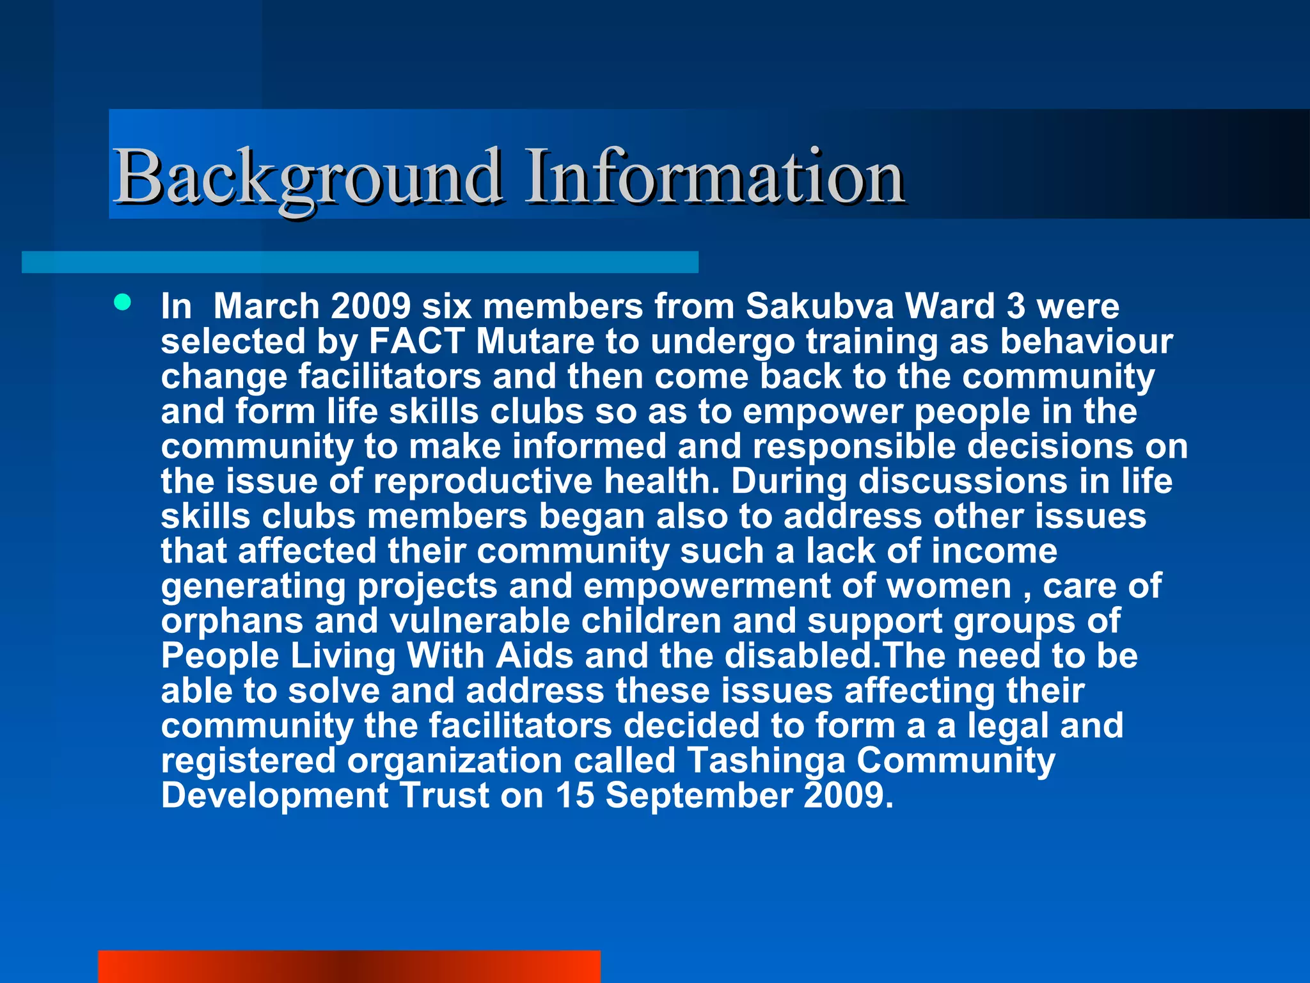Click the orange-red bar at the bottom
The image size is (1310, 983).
coord(349,966)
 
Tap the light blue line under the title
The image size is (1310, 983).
coord(359,262)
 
